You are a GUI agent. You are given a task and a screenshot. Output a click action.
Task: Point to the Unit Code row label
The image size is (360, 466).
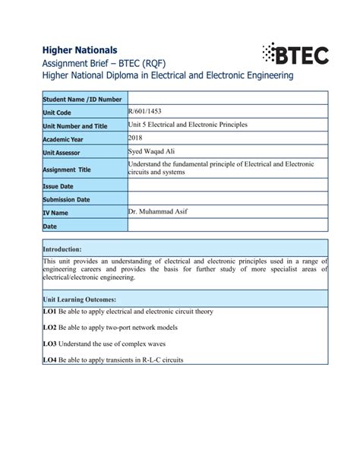pyautogui.click(x=58, y=112)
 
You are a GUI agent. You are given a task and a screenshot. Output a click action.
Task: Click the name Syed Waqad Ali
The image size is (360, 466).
pyautogui.click(x=151, y=151)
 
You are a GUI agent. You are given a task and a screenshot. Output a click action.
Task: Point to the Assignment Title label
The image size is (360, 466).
pyautogui.click(x=68, y=170)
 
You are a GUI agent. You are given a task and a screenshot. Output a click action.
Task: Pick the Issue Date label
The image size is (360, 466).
pyautogui.click(x=58, y=185)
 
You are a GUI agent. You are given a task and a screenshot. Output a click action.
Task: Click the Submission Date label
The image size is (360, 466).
pyautogui.click(x=67, y=199)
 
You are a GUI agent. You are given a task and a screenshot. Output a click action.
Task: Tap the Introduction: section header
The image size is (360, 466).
pyautogui.click(x=62, y=249)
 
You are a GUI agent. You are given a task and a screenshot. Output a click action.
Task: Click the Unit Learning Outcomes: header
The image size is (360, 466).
pyautogui.click(x=79, y=299)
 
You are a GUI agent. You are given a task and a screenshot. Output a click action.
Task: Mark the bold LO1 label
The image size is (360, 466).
pyautogui.click(x=50, y=312)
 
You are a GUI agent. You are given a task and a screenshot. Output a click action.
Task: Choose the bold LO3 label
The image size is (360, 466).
pyautogui.click(x=50, y=344)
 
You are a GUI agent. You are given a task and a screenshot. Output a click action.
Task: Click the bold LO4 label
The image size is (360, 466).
pyautogui.click(x=50, y=360)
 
